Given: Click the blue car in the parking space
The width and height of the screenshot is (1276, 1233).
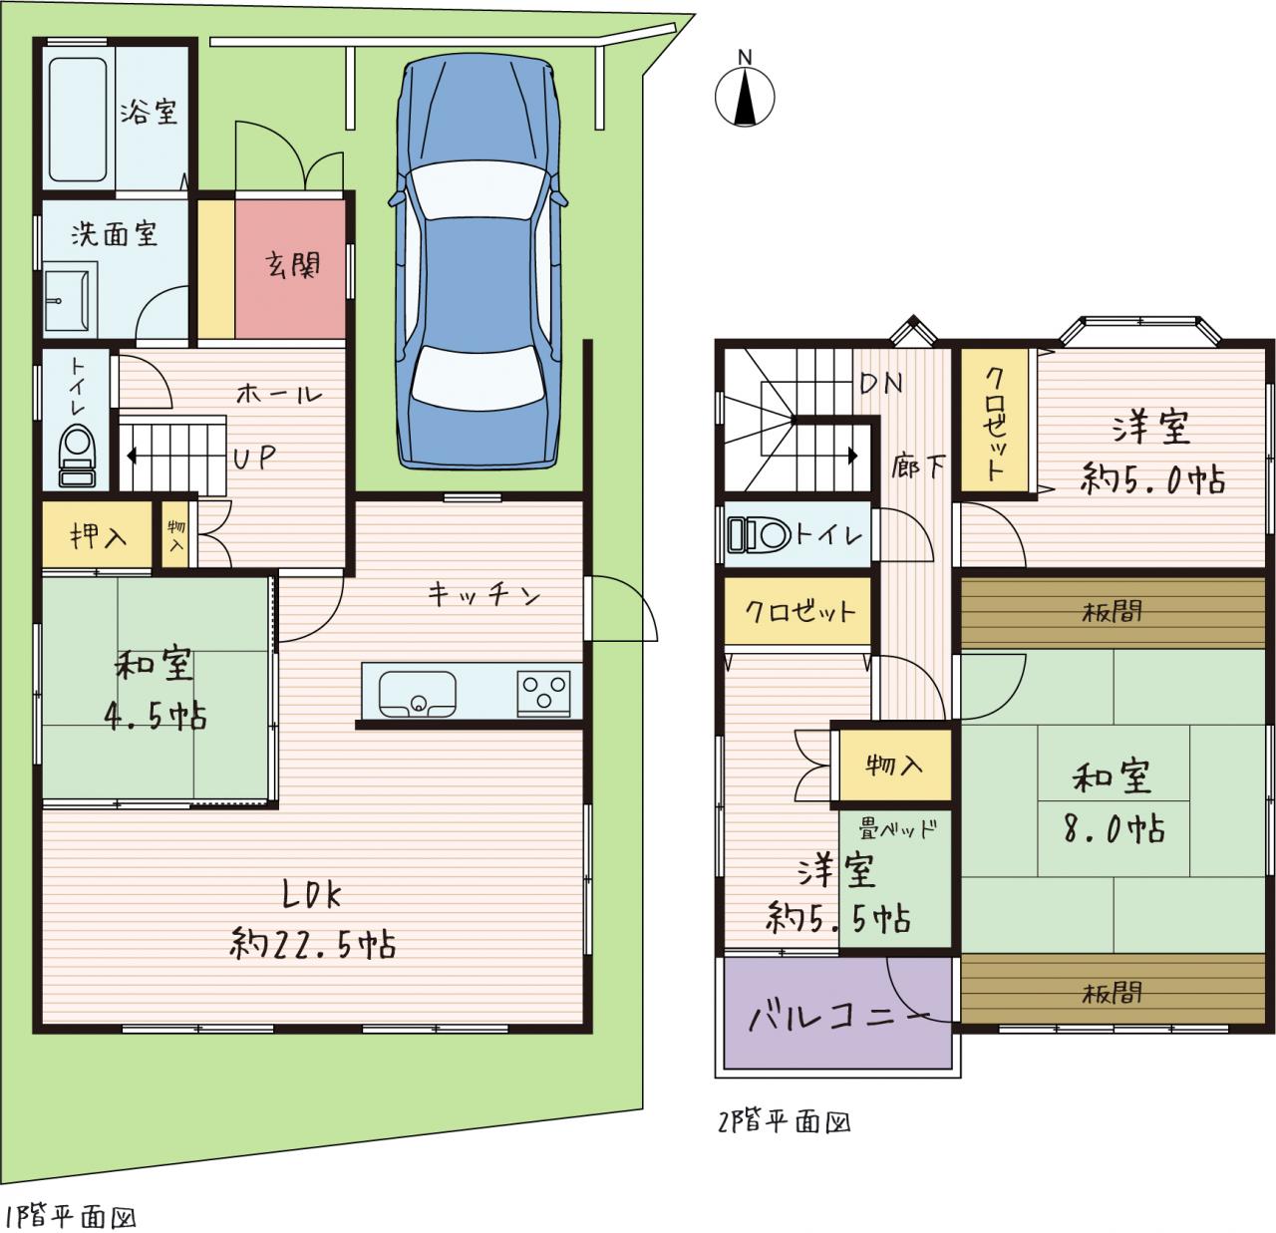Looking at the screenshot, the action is (479, 261).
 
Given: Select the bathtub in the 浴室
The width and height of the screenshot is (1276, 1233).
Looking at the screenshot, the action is (78, 120).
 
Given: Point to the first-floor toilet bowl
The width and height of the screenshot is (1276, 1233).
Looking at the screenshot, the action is (78, 456).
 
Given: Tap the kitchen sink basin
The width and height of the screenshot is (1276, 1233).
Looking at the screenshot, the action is (417, 694).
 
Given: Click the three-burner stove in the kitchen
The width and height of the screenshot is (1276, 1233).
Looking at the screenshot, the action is (543, 693).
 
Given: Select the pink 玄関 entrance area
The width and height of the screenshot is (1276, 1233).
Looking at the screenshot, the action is (290, 268).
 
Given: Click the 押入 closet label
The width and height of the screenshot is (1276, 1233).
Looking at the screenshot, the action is (98, 537).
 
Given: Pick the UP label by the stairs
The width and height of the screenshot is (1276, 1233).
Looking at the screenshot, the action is (254, 457).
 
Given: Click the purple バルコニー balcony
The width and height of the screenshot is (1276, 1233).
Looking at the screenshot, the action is (837, 1012).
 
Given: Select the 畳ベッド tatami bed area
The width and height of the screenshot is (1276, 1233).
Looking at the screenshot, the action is (895, 879).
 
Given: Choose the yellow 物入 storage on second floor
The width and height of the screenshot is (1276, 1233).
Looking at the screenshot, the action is (895, 765).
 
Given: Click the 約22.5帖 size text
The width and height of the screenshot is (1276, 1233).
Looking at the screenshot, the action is (313, 945).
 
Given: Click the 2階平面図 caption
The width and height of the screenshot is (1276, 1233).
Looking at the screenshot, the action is (785, 1121).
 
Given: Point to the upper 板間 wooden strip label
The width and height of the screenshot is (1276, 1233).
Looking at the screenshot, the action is (1112, 613).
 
